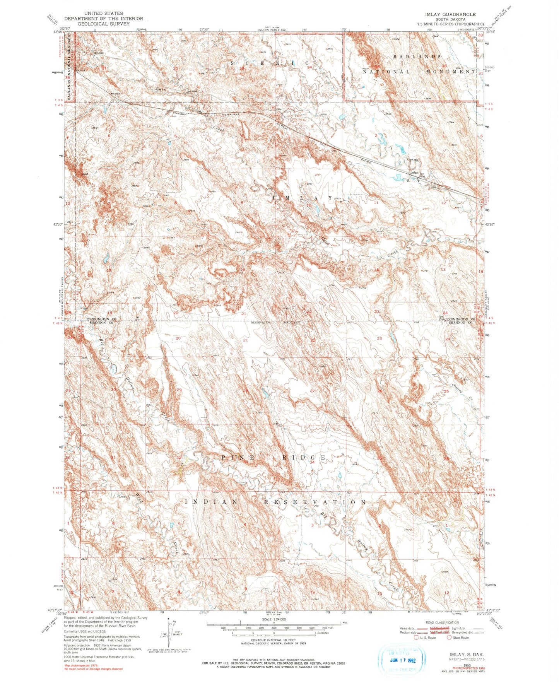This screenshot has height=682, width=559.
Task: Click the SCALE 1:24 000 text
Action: [274, 619]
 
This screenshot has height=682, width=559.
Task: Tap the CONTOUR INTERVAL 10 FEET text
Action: [274, 640]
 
